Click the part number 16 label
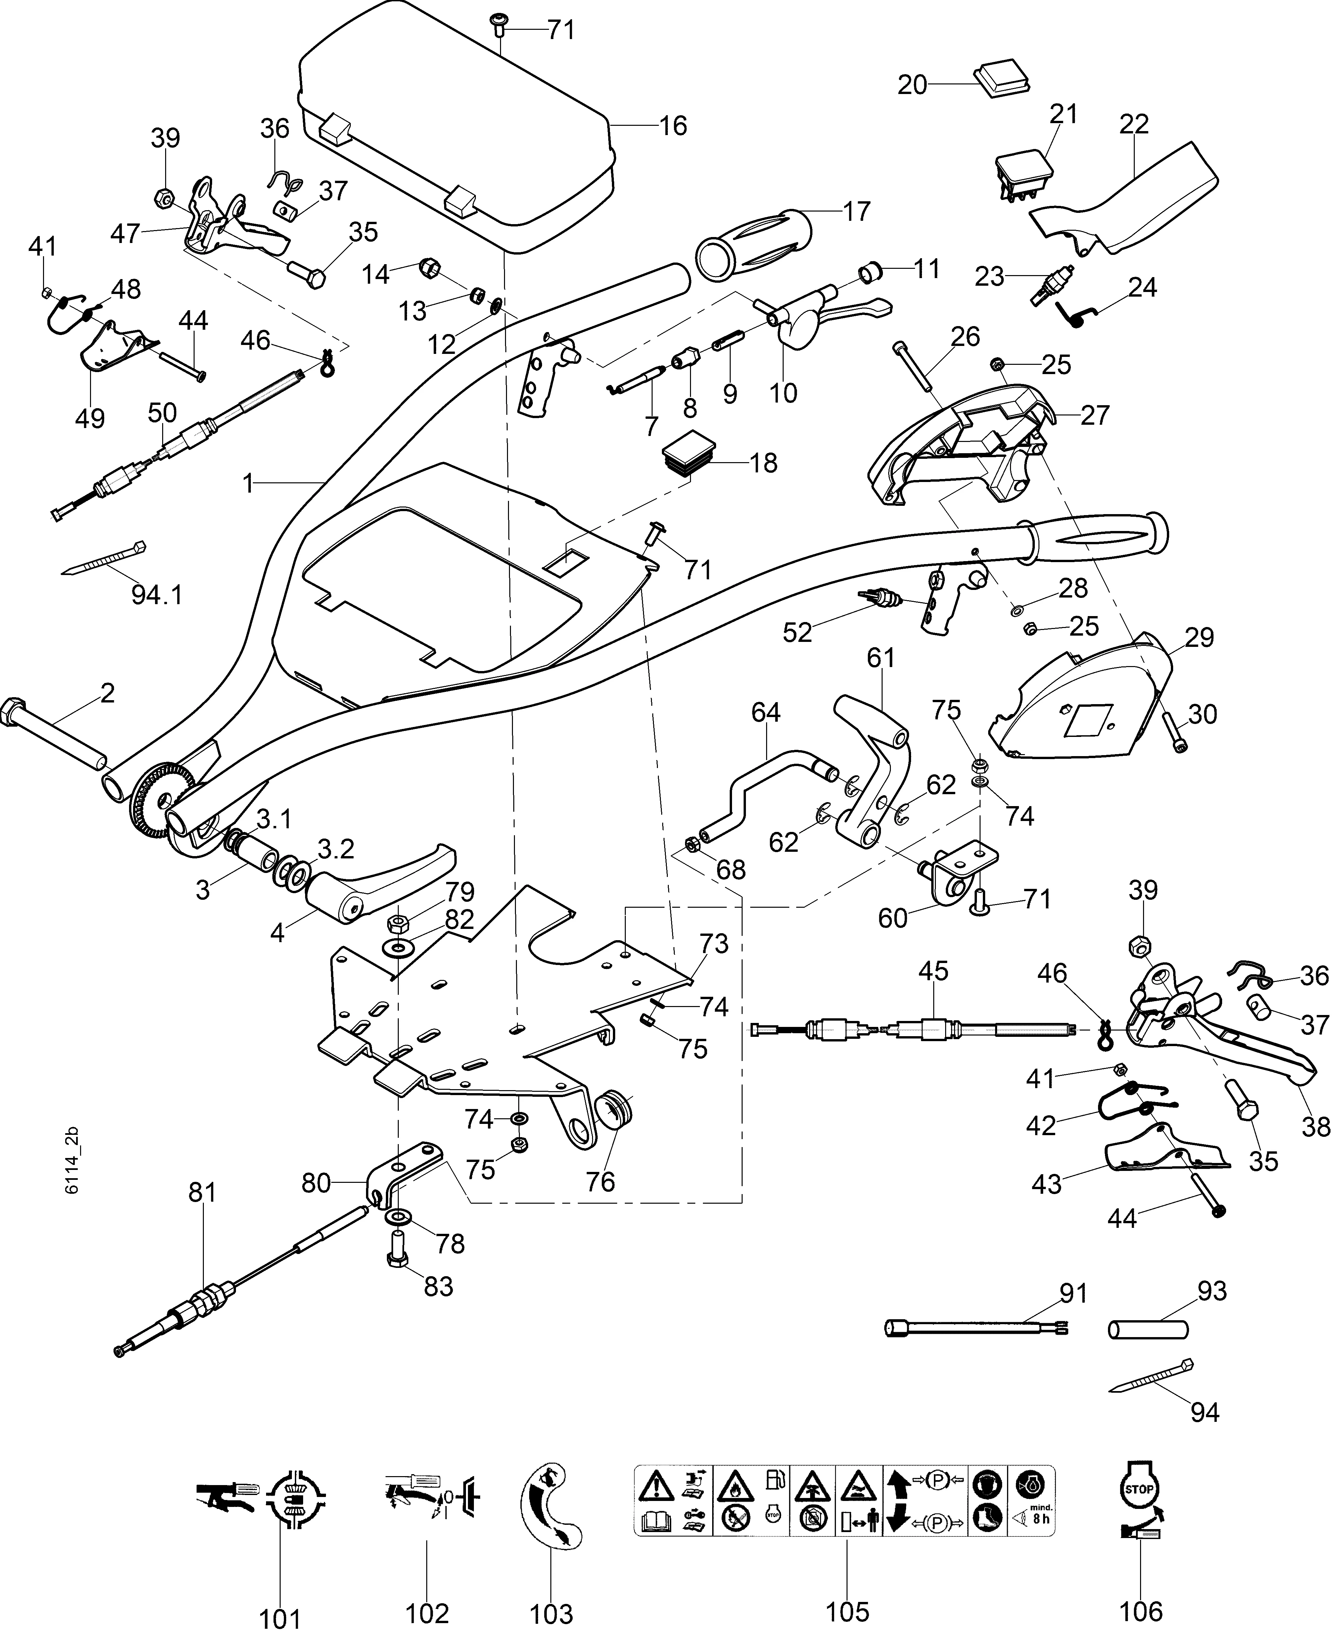[673, 126]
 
